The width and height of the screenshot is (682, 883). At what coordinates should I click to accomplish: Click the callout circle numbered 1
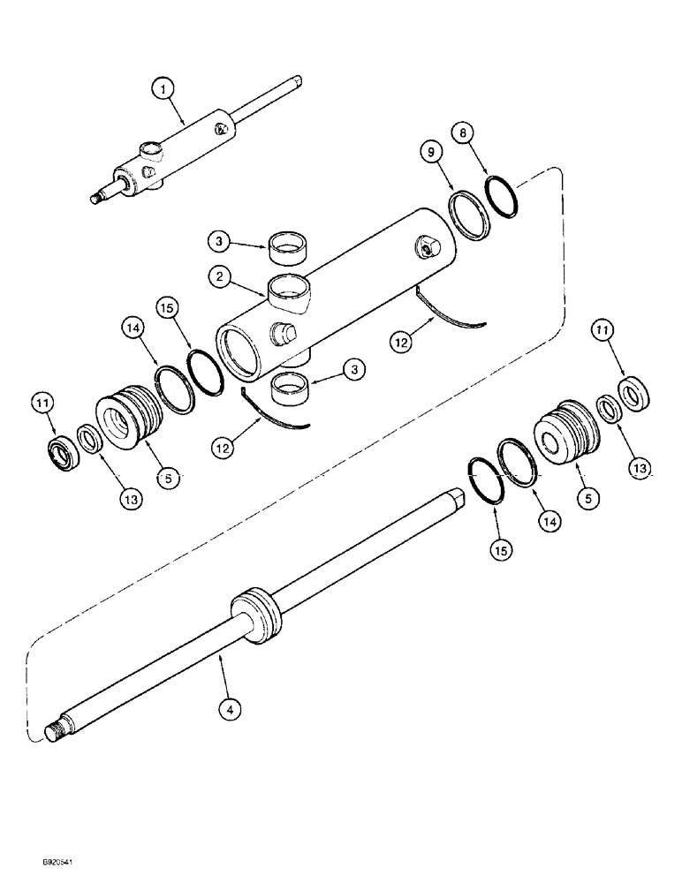click(163, 88)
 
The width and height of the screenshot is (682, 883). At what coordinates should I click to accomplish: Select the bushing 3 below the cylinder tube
click(292, 388)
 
